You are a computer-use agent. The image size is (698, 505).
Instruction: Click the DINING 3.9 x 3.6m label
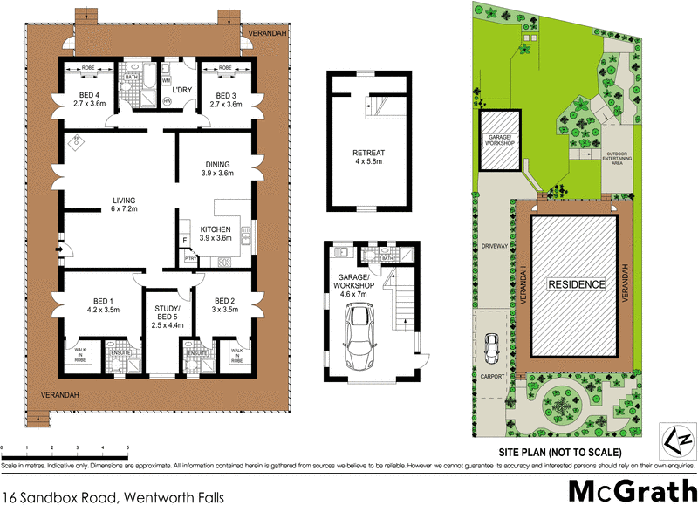click(217, 169)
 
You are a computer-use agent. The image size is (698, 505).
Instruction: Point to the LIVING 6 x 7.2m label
click(123, 204)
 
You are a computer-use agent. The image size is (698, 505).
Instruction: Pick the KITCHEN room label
click(215, 233)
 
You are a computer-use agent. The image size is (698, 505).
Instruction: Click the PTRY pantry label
click(188, 258)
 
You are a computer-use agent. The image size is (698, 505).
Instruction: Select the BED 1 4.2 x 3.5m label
click(102, 304)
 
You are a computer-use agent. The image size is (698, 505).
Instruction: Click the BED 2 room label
click(225, 304)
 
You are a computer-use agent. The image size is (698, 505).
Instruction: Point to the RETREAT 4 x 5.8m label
click(369, 157)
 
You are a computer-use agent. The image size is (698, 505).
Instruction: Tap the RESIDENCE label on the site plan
click(576, 284)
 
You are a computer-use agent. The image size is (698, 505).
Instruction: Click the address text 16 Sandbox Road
click(113, 495)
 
